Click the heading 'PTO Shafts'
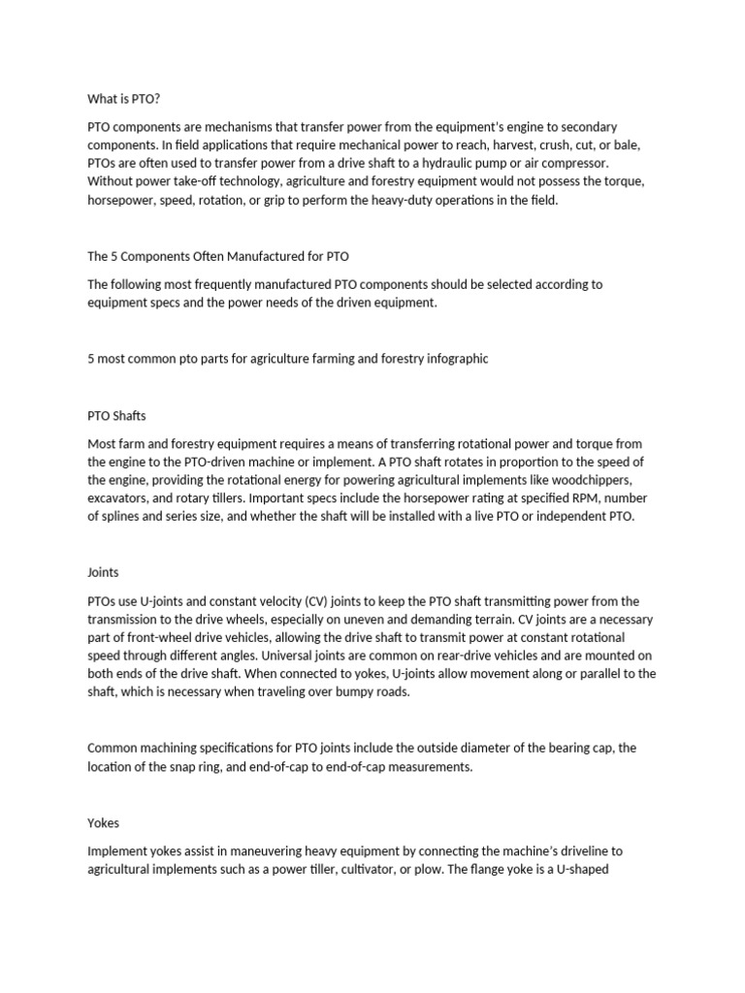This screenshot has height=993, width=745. click(x=116, y=416)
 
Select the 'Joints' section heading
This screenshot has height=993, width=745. click(x=103, y=572)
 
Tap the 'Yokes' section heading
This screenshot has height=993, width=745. click(x=103, y=822)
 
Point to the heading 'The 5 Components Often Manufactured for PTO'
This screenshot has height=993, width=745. click(x=217, y=256)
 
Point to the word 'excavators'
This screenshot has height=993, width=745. click(x=118, y=498)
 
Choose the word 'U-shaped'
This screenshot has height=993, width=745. click(x=580, y=869)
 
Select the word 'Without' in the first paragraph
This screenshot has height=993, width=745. click(x=111, y=181)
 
